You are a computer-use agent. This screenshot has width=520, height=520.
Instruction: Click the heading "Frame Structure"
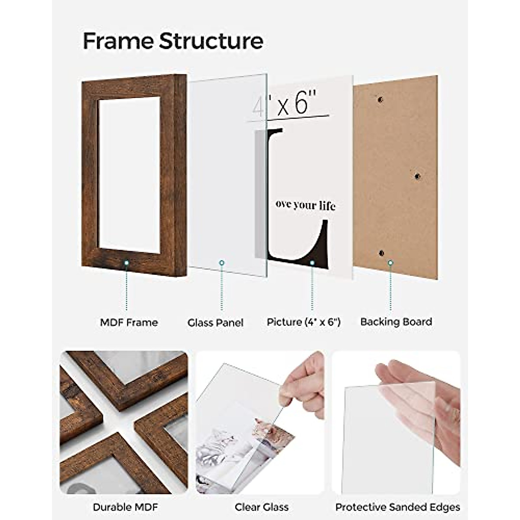173,41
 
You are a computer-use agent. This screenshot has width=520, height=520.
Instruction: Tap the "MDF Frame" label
129,322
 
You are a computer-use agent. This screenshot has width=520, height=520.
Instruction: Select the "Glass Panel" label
215,323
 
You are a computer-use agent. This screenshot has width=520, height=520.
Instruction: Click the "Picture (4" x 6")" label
304,322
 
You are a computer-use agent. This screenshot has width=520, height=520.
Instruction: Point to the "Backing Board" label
396,322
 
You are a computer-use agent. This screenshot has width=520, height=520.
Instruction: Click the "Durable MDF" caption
126,507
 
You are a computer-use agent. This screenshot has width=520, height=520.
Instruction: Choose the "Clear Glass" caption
261,507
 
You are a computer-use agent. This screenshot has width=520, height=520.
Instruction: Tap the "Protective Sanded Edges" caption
397,507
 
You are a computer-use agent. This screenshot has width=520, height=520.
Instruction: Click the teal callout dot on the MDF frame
127,263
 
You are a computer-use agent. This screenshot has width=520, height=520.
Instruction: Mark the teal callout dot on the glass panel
222,263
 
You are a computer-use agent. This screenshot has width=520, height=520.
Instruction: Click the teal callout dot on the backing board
390,263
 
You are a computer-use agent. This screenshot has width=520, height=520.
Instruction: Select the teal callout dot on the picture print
312,263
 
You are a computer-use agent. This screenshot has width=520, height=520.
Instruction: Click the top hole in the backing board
380,100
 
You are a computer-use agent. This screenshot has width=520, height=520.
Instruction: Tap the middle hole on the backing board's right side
417,176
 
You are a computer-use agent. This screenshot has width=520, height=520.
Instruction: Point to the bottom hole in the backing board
381,253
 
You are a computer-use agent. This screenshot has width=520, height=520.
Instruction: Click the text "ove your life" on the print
305,205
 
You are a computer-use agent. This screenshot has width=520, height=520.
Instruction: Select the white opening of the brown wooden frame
129,175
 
